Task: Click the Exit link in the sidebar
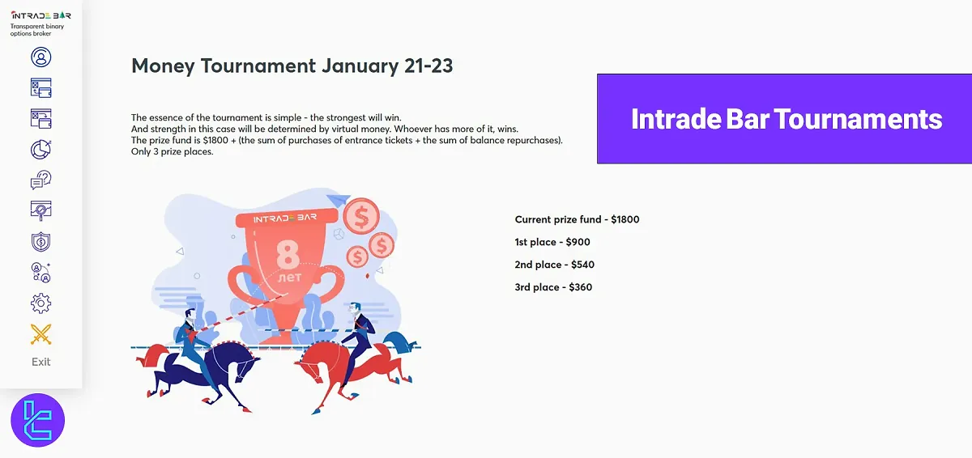[40, 362]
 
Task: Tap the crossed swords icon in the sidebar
[40, 333]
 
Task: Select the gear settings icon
[40, 303]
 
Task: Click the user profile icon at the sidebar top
[40, 57]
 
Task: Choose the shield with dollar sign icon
[40, 242]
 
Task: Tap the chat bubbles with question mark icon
[40, 180]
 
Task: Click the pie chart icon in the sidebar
[40, 150]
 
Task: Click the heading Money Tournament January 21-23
[292, 66]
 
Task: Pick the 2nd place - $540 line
[555, 265]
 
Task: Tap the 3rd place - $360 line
[553, 287]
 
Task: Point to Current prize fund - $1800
[577, 219]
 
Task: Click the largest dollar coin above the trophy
[361, 216]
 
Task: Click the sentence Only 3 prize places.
[172, 151]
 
